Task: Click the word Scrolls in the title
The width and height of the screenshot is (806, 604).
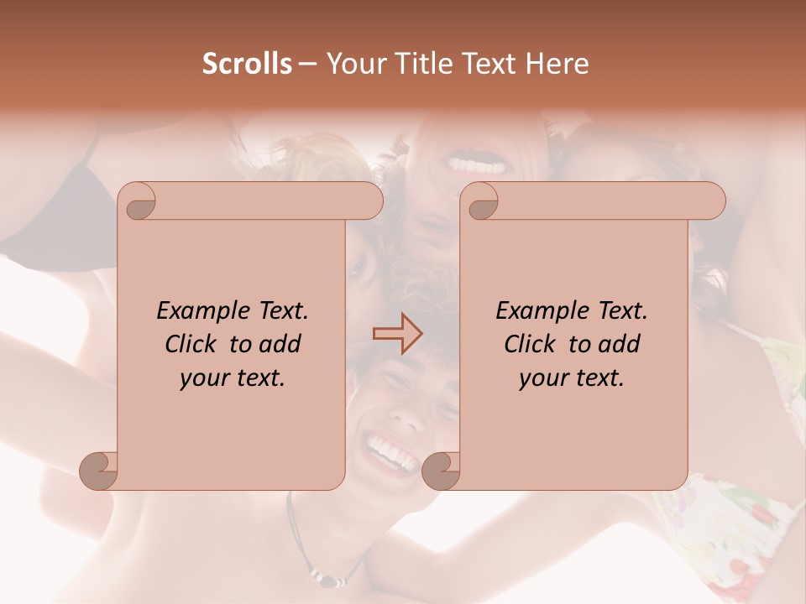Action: click(247, 64)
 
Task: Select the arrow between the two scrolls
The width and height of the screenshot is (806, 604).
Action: click(397, 334)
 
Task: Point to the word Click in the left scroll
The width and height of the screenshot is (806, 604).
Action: click(191, 344)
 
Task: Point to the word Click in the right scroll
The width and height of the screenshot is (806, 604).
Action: click(530, 344)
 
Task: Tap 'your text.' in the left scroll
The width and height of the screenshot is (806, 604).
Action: click(233, 378)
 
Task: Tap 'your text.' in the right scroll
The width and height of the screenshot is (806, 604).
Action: click(572, 378)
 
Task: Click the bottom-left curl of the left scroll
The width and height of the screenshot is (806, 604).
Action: click(97, 470)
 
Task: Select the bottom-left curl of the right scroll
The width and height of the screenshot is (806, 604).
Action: click(440, 470)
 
